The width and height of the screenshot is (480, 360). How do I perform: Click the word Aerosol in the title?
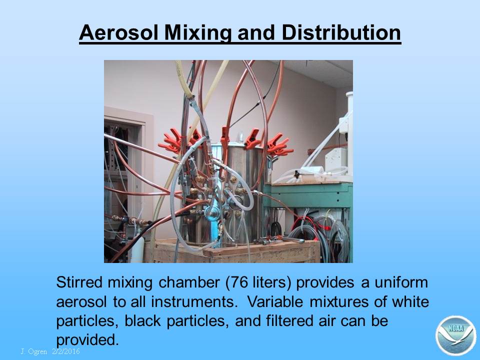[x=118, y=32]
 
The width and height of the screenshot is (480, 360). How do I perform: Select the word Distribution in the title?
[x=341, y=32]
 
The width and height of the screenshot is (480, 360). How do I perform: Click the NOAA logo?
[x=455, y=336]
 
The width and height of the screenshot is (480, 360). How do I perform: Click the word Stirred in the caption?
[x=79, y=282]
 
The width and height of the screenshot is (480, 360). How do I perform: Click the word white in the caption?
[x=410, y=302]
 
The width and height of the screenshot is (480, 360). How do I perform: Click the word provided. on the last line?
[x=87, y=340]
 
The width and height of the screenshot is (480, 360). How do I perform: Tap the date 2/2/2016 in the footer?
[x=66, y=351]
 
